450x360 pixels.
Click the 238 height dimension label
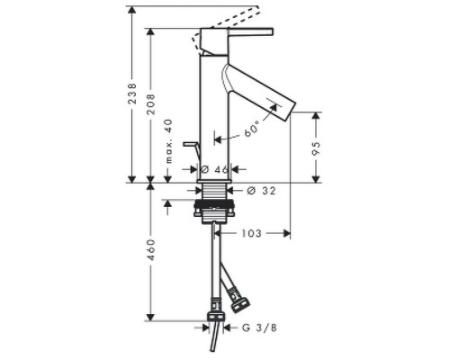132,94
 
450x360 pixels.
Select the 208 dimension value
150,104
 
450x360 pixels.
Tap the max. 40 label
169,141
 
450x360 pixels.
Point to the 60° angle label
251,130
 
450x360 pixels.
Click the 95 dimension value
316,148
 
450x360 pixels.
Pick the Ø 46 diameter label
214,169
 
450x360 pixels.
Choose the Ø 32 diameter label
261,191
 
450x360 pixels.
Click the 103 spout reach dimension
251,233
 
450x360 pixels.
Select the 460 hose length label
150,250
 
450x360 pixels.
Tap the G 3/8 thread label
259,328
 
